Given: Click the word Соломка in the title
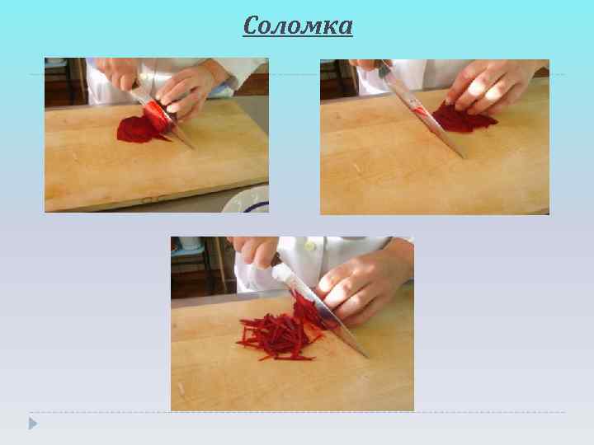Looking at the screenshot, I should coord(298,26).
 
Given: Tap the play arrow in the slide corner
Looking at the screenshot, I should coord(32,424).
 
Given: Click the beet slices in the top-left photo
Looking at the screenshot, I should coord(136,129).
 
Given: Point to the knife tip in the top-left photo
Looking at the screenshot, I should coord(192,148).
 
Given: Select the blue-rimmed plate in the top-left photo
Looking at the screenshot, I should coord(247,199).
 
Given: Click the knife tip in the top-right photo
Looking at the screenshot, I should coord(463,157).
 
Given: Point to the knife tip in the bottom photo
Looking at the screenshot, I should coord(366,356).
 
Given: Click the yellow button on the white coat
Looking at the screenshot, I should coord(310,246).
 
